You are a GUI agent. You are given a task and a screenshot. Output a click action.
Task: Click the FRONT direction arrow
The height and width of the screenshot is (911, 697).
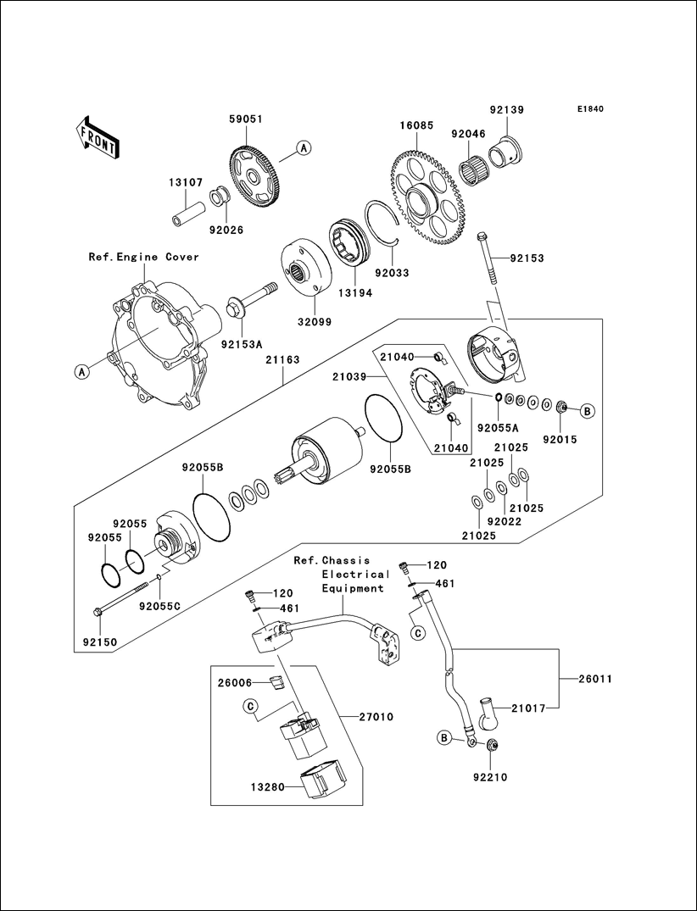point(96,136)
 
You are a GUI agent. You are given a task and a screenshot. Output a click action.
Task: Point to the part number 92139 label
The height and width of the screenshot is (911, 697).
point(506,109)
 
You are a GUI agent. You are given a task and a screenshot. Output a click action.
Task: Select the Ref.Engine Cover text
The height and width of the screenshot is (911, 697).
point(144,257)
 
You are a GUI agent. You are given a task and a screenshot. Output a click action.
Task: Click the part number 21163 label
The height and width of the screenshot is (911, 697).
point(282,360)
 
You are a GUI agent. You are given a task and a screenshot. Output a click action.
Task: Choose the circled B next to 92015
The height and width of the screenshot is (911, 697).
point(587,411)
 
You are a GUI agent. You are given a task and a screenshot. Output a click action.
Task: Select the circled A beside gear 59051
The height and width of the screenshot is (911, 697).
point(304,147)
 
